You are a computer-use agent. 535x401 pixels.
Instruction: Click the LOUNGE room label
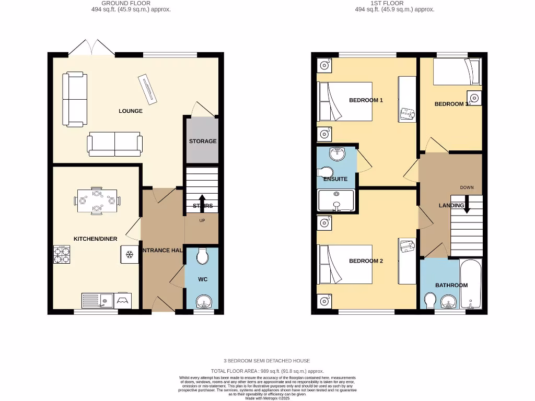coord(130,111)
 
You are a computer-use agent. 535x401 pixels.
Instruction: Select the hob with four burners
coord(62,255)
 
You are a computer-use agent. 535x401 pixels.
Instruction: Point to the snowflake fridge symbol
coord(129,255)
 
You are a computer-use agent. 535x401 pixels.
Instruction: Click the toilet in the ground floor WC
coord(202,256)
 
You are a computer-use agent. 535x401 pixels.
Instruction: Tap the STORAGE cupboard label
coord(203,141)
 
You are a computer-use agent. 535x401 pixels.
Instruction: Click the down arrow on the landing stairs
coord(467,204)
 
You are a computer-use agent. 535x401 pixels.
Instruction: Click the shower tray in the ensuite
coord(336,201)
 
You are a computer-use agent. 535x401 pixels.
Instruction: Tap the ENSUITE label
coord(335,179)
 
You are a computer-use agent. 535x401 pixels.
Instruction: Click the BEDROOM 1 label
coord(366,100)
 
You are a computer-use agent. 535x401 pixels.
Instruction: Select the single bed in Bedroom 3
coord(457,72)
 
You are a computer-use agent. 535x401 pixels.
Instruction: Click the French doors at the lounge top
coord(92,49)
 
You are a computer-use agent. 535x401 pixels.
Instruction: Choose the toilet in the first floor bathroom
coord(430,301)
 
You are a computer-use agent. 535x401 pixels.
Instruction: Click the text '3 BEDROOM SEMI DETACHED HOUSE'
coord(267,361)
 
